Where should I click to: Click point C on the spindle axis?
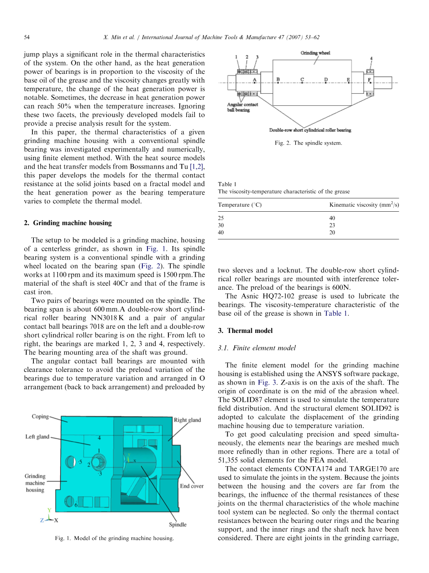tap(302, 80)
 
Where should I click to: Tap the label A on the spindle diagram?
tap(255, 80)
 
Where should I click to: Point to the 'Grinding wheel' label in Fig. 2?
tap(315, 53)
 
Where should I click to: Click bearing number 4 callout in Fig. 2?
tap(371, 59)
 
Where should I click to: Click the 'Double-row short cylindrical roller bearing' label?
tap(310, 130)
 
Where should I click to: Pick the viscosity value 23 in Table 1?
tap(332, 225)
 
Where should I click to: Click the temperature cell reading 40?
tap(221, 232)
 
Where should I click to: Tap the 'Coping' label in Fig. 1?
tap(40, 417)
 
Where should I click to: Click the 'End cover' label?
tap(192, 486)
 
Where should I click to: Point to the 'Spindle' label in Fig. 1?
tap(178, 524)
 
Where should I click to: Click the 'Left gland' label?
tap(37, 437)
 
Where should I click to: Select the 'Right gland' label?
tap(187, 420)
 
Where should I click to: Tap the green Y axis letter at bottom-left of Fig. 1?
tap(49, 509)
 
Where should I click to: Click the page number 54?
tap(27, 37)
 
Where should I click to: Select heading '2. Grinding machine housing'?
tap(68, 223)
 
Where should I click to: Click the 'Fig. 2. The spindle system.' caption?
tap(308, 143)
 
